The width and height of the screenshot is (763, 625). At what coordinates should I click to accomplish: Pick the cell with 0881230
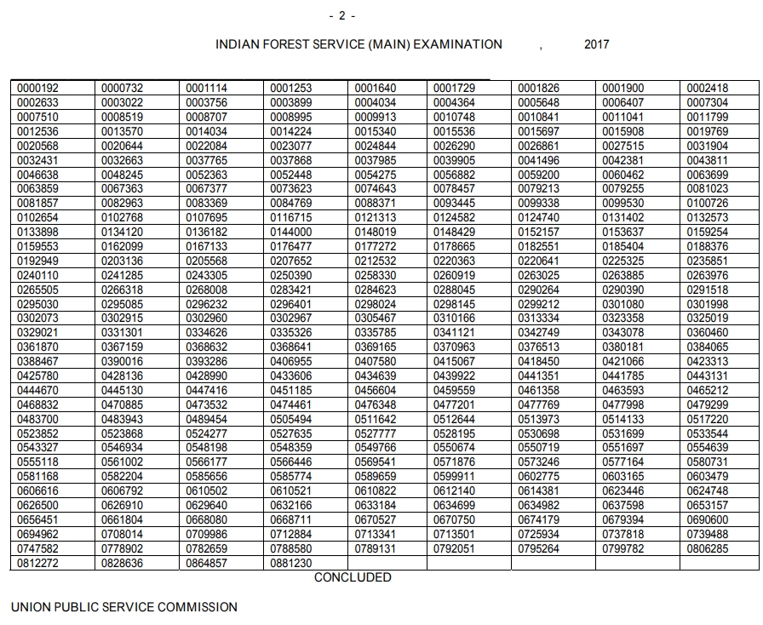(x=290, y=564)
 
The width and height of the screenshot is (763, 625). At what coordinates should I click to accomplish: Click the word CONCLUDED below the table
(x=353, y=577)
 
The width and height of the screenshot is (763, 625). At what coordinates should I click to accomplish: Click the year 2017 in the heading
(x=596, y=44)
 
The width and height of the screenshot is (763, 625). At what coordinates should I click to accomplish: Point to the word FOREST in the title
(x=289, y=44)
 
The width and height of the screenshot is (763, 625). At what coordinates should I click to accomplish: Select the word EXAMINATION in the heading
(x=457, y=44)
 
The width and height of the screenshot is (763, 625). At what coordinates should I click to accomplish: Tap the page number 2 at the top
(x=341, y=16)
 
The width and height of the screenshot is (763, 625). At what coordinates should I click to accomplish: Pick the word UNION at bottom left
(x=31, y=607)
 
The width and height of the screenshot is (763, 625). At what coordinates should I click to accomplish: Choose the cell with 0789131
(x=375, y=549)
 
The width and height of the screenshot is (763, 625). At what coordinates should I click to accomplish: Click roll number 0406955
(x=290, y=362)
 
